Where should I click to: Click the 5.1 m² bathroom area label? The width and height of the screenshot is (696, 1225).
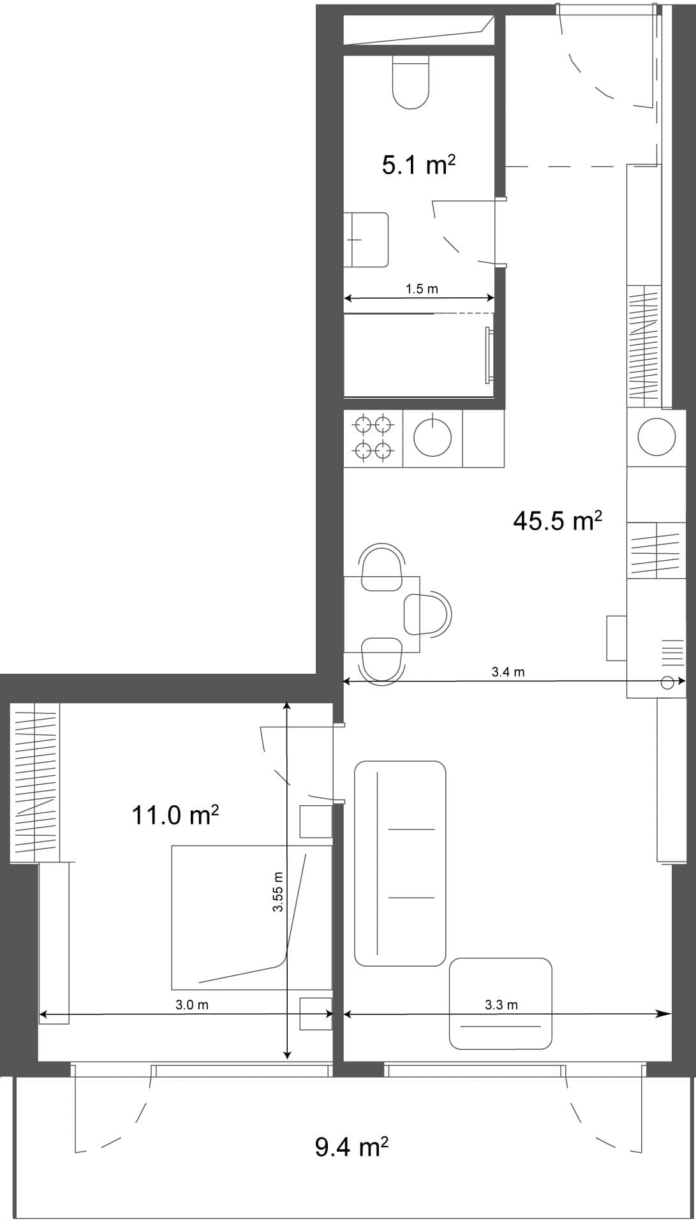[x=418, y=166]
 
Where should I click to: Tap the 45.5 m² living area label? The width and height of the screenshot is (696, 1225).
[x=557, y=521]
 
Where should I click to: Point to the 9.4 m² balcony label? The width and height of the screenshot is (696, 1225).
[x=352, y=1147]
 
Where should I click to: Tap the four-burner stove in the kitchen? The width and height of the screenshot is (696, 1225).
[x=373, y=438]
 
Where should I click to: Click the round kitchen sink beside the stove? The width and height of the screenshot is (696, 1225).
[x=433, y=438]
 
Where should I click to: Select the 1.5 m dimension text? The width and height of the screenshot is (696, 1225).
[x=422, y=289]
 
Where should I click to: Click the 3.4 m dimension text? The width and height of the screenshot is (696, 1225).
[x=508, y=672]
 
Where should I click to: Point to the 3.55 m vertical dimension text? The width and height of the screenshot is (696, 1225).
[x=278, y=891]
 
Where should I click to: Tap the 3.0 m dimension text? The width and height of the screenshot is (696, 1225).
[x=192, y=1005]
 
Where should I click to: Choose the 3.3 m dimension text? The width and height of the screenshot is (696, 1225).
[x=501, y=1005]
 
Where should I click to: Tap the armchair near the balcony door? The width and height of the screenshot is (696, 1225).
[x=500, y=1004]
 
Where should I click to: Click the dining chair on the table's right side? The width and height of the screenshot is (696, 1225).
[x=427, y=614]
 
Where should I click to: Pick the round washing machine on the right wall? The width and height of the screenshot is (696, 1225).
[x=656, y=436]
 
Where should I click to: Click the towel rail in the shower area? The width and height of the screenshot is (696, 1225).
[x=489, y=355]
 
